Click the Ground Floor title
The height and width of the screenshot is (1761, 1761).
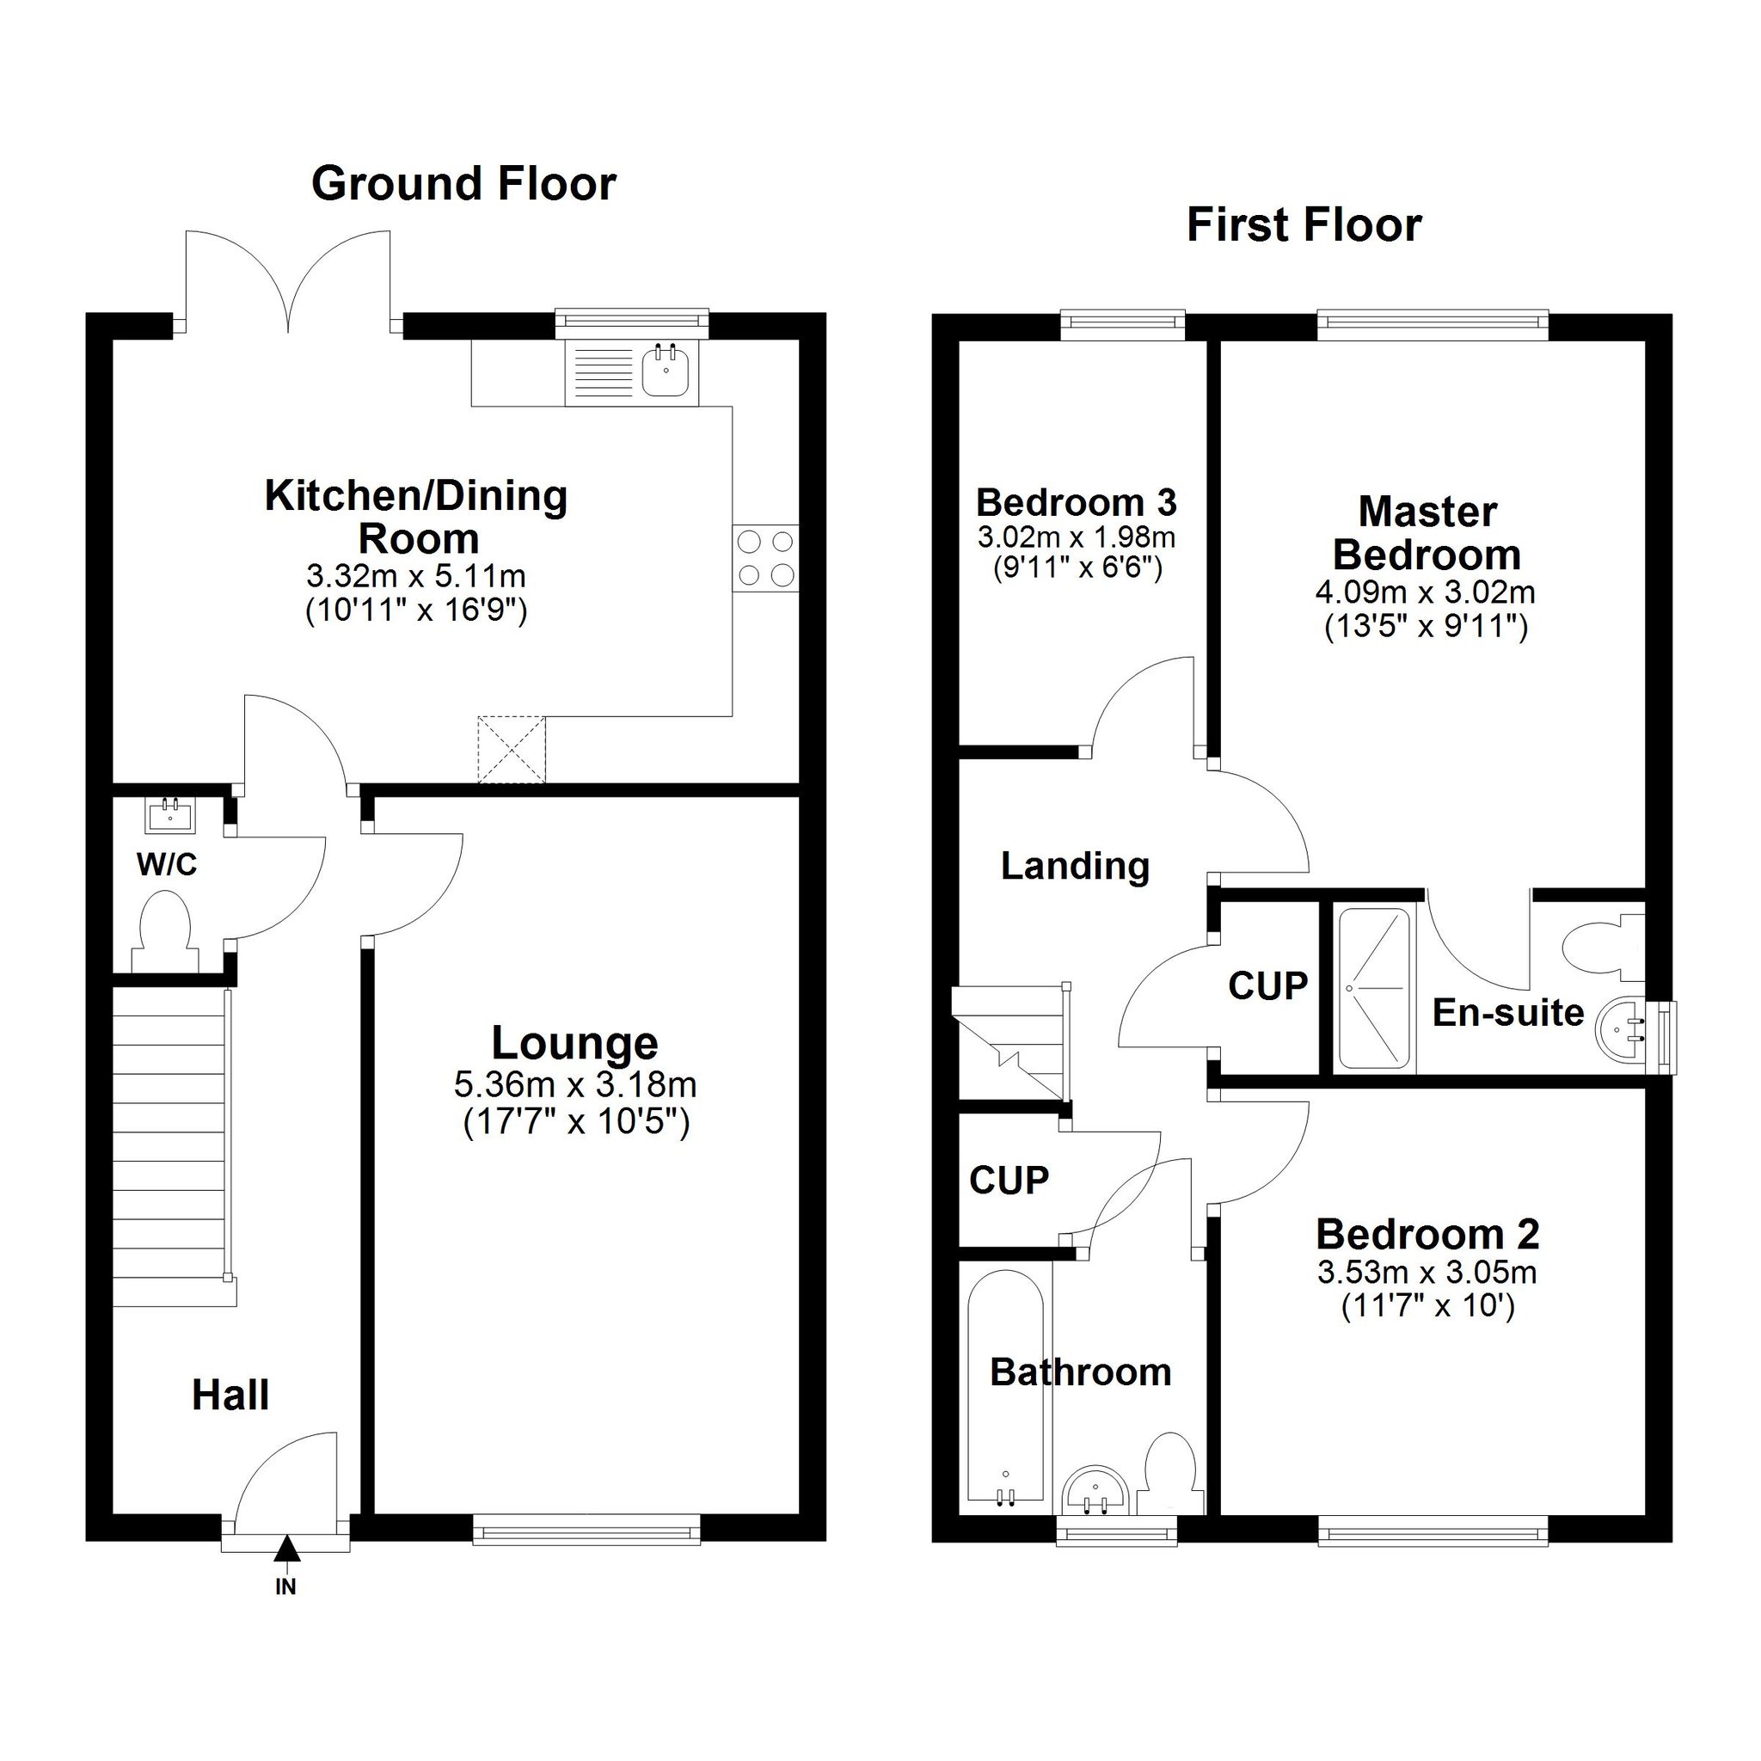[x=464, y=184]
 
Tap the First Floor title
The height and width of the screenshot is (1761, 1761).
[x=1304, y=225]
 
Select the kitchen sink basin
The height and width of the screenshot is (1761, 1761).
[x=666, y=371]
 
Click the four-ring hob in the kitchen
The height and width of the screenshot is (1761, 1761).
[x=765, y=559]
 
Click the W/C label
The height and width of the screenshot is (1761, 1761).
[x=167, y=864]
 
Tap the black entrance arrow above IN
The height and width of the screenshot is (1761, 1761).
[x=287, y=1549]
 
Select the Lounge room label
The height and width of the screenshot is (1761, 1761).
[x=574, y=1043]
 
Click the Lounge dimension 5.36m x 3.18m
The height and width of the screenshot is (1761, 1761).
[x=575, y=1084]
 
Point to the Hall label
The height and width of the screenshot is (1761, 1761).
[x=230, y=1396]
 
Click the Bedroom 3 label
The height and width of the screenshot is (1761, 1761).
[x=1077, y=502]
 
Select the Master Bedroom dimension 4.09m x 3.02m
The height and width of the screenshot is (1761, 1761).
[x=1426, y=592]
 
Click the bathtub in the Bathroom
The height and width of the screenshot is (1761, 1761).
[x=1006, y=1386]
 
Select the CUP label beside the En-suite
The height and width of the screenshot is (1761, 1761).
[x=1268, y=985]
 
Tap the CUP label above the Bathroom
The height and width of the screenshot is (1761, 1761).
[x=1009, y=1181]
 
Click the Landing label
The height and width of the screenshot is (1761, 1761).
[x=1076, y=866]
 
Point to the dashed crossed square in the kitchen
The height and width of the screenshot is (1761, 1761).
[x=512, y=749]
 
